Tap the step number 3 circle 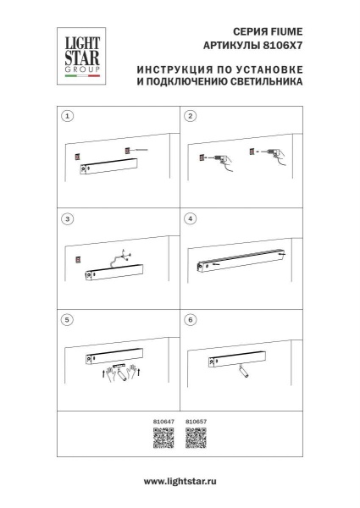[x=69, y=218]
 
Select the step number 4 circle [x=191, y=218]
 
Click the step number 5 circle [x=69, y=321]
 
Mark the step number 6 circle [x=191, y=321]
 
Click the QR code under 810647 [x=163, y=439]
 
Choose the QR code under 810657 [x=196, y=439]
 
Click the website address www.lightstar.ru [x=180, y=480]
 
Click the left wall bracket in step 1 [x=76, y=156]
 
